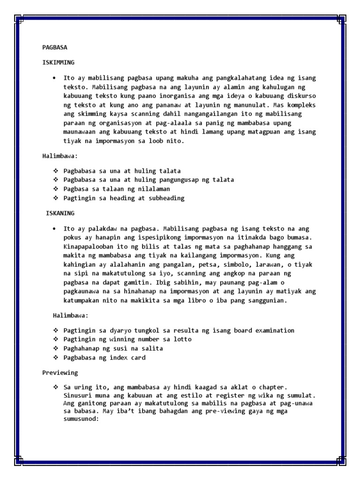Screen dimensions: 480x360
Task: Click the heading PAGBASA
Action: pyautogui.click(x=55, y=47)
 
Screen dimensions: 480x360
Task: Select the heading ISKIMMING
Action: pyautogui.click(x=58, y=62)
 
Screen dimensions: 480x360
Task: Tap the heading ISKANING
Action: pyautogui.click(x=60, y=213)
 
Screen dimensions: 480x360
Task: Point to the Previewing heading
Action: pyautogui.click(x=60, y=373)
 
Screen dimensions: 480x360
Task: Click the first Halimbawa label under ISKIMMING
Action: pyautogui.click(x=58, y=156)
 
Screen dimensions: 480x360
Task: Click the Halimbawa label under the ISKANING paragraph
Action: pyautogui.click(x=70, y=316)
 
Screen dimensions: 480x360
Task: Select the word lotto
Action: pyautogui.click(x=183, y=339)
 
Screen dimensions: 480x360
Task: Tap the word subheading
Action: pyautogui.click(x=165, y=198)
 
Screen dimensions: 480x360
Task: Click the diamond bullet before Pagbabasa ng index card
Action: pyautogui.click(x=56, y=358)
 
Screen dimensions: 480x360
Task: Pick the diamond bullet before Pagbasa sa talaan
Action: pyautogui.click(x=56, y=189)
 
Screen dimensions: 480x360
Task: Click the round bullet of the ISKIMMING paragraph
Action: pyautogui.click(x=55, y=78)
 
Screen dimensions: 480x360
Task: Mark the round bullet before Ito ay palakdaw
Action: pyautogui.click(x=55, y=229)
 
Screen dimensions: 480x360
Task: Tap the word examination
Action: pyautogui.click(x=273, y=330)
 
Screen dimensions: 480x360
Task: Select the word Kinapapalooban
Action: pyautogui.click(x=87, y=247)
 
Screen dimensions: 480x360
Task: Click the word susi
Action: pyautogui.click(x=118, y=349)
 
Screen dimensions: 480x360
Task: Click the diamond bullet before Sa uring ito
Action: pyautogui.click(x=56, y=387)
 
